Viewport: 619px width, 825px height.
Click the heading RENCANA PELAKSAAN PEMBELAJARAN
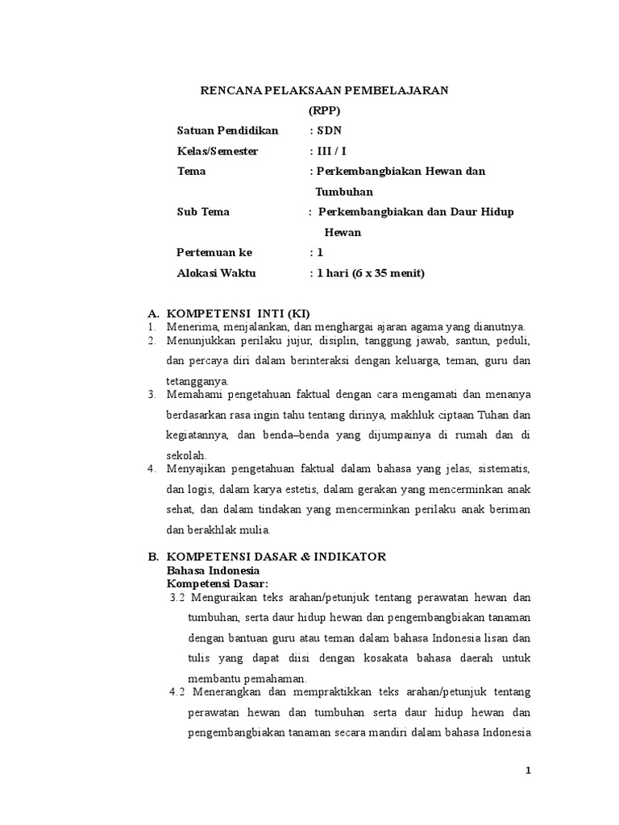coord(324,91)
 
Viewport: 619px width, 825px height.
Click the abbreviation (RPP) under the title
coord(325,110)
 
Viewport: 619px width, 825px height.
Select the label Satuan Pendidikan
coord(227,131)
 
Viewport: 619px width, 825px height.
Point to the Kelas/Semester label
coord(218,151)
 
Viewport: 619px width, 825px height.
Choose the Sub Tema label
coord(203,212)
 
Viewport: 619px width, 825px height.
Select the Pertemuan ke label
coord(214,253)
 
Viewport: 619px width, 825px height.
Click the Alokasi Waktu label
coord(216,273)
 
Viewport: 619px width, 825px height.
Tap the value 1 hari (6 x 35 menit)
coord(370,273)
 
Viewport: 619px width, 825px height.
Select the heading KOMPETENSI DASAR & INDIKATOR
coord(276,557)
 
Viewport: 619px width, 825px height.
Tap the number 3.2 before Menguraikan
coord(178,599)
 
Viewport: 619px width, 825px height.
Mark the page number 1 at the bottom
coord(529,771)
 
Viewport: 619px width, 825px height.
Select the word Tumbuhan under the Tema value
coord(344,192)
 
